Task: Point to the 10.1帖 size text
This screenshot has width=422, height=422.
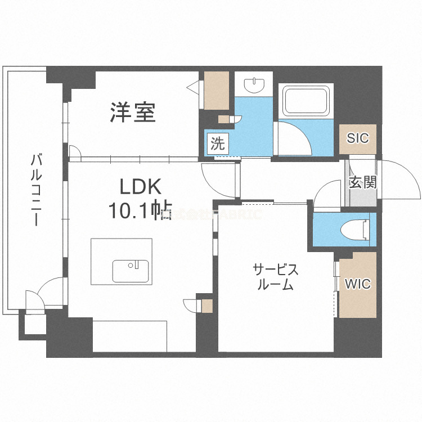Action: pos(139,211)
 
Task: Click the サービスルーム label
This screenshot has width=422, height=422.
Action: pos(276,276)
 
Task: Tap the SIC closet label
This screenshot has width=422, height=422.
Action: pos(358,138)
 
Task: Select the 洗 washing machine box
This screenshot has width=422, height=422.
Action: pos(217,143)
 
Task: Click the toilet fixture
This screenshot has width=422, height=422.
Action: pos(355,230)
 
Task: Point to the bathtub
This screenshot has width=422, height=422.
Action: pos(307,101)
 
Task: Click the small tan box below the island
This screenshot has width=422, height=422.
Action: pos(207,307)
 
